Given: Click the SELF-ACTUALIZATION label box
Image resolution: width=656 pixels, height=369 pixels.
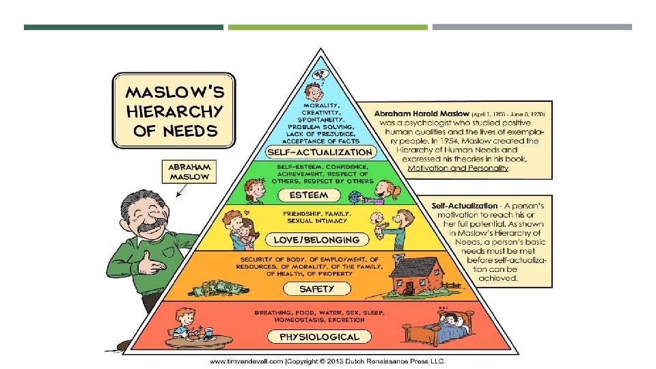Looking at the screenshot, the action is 320,152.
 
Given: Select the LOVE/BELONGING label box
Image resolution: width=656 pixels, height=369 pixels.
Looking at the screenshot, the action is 316,240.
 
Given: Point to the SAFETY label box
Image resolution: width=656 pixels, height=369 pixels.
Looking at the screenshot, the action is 316,289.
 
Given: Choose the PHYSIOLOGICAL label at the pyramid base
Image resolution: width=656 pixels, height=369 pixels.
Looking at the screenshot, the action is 319,336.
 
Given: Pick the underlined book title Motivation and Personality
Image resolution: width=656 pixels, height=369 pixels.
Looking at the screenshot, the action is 458,168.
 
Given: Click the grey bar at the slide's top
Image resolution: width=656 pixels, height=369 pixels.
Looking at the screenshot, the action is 532,27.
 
